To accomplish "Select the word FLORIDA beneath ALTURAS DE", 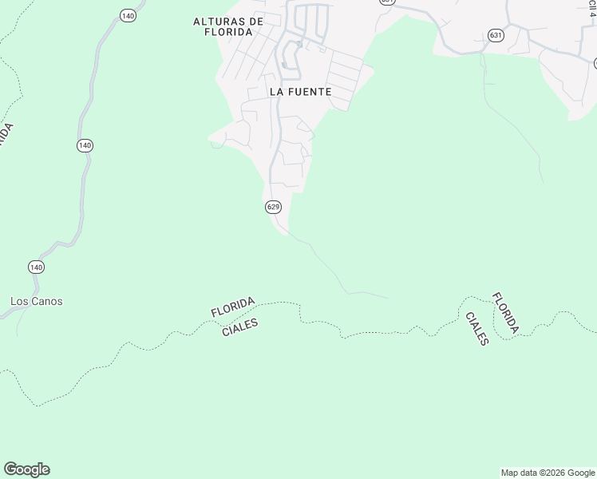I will click(227, 32).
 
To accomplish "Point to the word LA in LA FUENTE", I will click(276, 92).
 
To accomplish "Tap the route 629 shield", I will click(273, 207).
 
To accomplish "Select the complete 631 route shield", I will click(496, 35).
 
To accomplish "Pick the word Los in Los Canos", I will click(20, 302).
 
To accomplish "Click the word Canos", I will click(48, 302).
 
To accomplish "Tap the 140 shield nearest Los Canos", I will click(35, 266).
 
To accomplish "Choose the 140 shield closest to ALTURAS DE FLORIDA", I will click(128, 15).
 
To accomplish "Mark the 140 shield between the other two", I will click(85, 145).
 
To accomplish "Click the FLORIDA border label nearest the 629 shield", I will click(233, 307).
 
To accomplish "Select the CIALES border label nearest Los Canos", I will click(239, 326).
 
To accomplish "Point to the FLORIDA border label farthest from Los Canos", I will click(505, 313).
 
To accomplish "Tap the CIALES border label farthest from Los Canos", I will click(476, 329).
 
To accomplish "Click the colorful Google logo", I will click(26, 469).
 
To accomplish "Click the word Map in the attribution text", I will click(509, 473).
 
